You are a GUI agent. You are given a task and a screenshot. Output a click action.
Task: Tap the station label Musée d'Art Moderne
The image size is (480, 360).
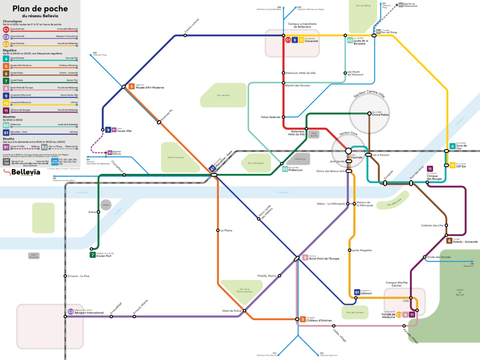coord(150,88)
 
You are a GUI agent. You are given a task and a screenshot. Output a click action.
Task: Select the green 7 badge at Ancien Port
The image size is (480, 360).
coord(92,255)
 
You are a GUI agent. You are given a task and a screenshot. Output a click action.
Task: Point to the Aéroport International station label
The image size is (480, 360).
coord(90,312)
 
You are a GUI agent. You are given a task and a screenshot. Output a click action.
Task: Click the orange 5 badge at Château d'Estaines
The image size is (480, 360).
coord(303,319)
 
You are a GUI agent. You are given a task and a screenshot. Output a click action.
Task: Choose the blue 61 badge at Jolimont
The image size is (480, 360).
coord(357,292)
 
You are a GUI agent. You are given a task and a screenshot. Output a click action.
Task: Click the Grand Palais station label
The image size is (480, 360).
coord(381,115)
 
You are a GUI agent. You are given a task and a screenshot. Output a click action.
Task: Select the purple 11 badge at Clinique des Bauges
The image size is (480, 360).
coord(430,169)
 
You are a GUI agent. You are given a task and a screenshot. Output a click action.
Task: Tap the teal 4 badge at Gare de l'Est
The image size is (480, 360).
coord(452,146)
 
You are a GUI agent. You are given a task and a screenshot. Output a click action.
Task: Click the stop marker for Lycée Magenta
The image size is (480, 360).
coord(350,250)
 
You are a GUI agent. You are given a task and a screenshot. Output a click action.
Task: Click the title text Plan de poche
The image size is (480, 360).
coord(40,8)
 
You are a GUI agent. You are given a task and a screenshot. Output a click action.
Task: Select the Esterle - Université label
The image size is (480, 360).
coord(465,242)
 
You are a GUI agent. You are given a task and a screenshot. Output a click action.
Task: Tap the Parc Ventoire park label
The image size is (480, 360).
coord(223,95)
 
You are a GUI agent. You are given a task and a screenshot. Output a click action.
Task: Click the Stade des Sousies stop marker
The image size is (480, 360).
coord(424,257)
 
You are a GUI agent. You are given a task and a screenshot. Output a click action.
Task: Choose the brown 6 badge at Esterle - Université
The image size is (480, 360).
coord(449,241)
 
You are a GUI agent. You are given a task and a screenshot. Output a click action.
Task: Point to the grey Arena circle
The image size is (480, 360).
coord(105,205)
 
